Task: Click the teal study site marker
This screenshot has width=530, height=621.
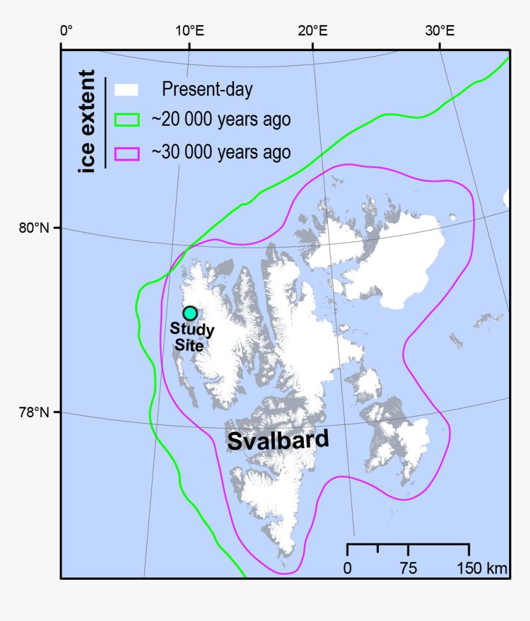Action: pos(190,313)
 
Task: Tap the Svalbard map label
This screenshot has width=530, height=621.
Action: pos(278,440)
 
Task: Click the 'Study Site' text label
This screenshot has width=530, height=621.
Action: pos(192,338)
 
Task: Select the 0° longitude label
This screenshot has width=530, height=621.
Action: pos(66,30)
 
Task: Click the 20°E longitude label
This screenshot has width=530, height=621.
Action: pos(314,30)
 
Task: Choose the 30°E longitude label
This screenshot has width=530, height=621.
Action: pos(439,30)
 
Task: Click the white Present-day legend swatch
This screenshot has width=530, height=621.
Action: pos(127,90)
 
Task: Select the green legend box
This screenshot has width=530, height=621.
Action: pos(127,120)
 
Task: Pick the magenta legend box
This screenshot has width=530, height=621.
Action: pos(127,152)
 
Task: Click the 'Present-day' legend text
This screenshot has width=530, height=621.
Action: pos(207,90)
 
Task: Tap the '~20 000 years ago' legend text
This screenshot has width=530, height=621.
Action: pos(221,120)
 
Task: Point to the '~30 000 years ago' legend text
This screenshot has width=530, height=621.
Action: pos(221,152)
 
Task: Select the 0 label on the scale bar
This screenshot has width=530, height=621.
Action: pos(348,568)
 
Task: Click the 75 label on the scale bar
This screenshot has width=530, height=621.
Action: pos(408,568)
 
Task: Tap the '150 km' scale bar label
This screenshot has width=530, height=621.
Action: pos(482,568)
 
